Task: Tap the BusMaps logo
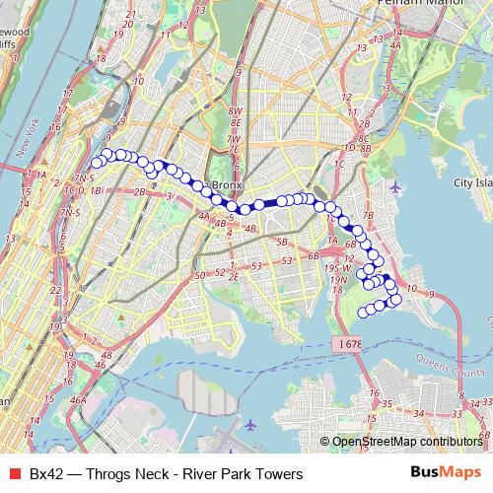(x=446, y=474)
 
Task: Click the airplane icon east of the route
(x=395, y=186)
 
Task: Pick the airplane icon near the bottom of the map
(x=250, y=424)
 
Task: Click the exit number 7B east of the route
(x=369, y=214)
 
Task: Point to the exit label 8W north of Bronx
(x=235, y=112)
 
